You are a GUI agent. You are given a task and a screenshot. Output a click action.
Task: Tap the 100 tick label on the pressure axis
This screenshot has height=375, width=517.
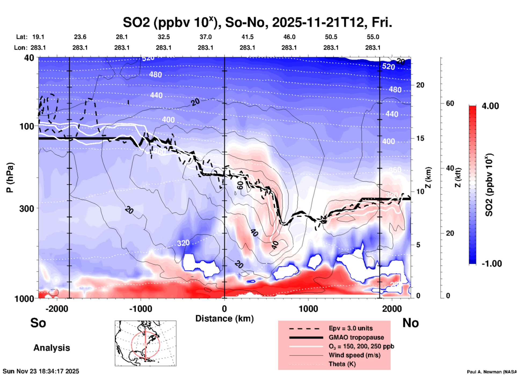pyautogui.click(x=27, y=126)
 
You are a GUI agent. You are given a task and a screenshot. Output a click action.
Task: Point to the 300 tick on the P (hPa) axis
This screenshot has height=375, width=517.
pyautogui.click(x=27, y=208)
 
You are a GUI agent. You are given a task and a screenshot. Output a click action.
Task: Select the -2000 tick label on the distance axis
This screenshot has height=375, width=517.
pyautogui.click(x=57, y=309)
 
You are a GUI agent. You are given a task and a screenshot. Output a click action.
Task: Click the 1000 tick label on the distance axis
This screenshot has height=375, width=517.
pyautogui.click(x=308, y=309)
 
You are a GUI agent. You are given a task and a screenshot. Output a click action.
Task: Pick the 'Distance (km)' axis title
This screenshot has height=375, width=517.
pyautogui.click(x=224, y=319)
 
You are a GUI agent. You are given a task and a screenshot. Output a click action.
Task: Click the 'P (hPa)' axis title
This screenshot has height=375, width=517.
pyautogui.click(x=10, y=178)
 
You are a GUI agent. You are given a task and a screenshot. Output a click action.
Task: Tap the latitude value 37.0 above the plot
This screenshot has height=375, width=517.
pyautogui.click(x=205, y=37)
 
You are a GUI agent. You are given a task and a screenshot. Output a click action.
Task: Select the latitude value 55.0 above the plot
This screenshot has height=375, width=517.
pyautogui.click(x=373, y=37)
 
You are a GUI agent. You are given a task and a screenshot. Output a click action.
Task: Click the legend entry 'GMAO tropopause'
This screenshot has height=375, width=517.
pyautogui.click(x=356, y=337)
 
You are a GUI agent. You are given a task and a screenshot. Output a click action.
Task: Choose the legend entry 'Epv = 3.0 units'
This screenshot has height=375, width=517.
pyautogui.click(x=350, y=328)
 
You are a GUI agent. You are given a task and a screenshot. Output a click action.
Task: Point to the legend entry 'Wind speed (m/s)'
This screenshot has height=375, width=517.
pyautogui.click(x=354, y=355)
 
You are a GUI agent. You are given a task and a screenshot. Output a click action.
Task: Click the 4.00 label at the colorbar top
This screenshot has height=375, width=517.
pyautogui.click(x=490, y=106)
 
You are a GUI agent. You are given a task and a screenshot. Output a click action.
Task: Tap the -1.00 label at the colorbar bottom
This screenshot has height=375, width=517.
pyautogui.click(x=491, y=263)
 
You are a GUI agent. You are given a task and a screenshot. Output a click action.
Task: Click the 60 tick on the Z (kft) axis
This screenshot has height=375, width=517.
pyautogui.click(x=450, y=103)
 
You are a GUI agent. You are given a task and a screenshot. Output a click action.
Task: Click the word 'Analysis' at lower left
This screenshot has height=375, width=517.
pyautogui.click(x=52, y=348)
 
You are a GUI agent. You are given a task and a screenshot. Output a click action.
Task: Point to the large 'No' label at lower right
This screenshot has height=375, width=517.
pyautogui.click(x=410, y=323)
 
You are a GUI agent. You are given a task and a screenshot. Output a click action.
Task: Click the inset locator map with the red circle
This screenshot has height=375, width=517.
pyautogui.click(x=145, y=343)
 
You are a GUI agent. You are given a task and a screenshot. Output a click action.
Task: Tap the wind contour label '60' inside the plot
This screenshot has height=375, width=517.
pyautogui.click(x=240, y=185)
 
